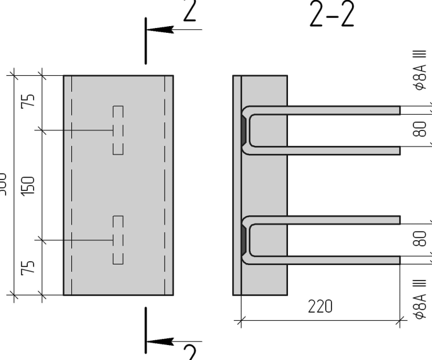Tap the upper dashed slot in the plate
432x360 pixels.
pos(118,130)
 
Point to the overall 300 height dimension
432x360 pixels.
pos(4,184)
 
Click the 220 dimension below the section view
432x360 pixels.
pos(320,307)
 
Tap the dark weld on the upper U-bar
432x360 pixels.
pos(243,130)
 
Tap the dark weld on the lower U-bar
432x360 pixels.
pos(243,240)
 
